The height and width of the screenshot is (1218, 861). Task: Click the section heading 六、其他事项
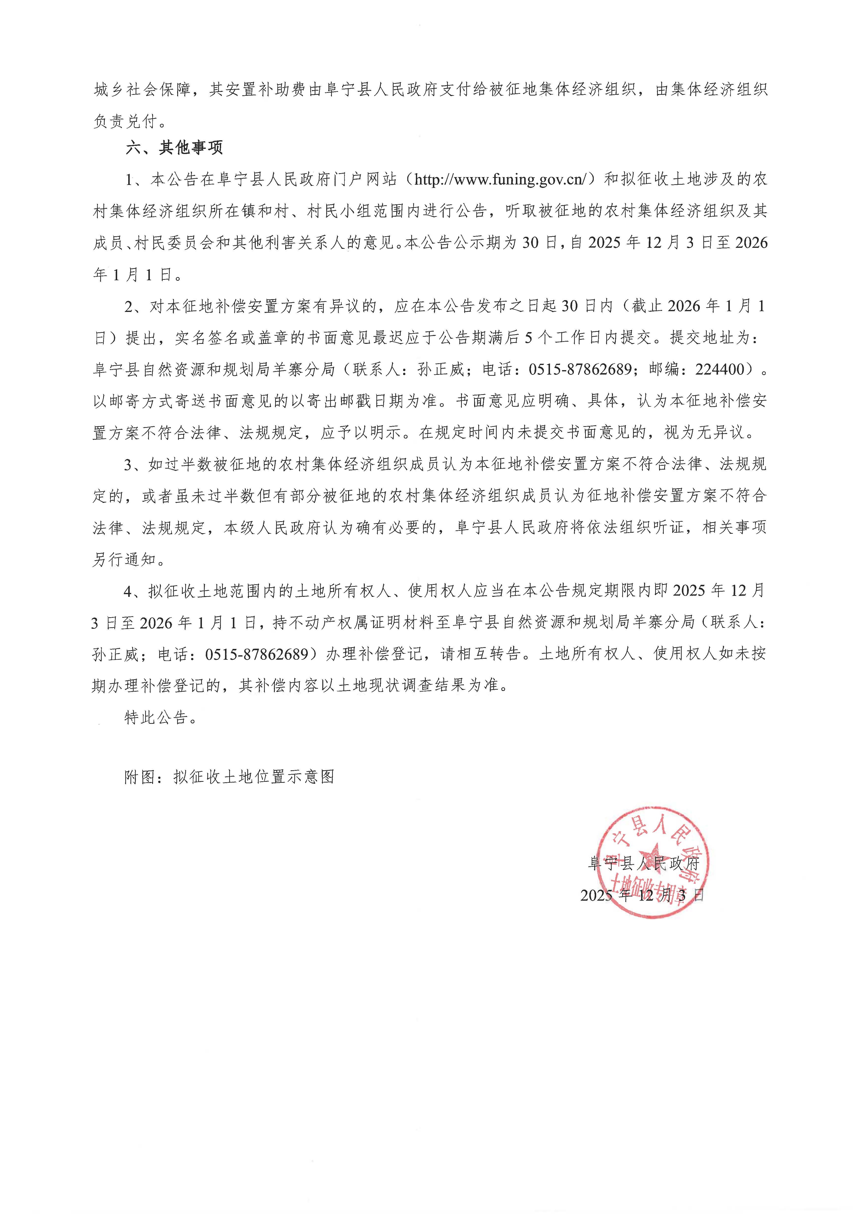pyautogui.click(x=174, y=147)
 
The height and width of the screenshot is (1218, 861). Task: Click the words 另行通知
pyautogui.click(x=124, y=559)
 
